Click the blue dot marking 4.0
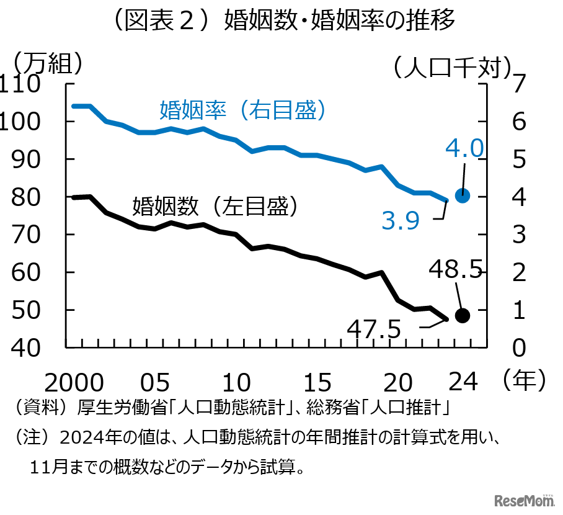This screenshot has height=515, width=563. (463, 195)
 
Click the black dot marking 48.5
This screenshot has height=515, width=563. (463, 315)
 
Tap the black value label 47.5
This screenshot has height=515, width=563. (373, 329)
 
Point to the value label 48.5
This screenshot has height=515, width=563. (454, 270)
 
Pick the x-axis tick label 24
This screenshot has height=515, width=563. (463, 380)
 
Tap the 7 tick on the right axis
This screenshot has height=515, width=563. (518, 84)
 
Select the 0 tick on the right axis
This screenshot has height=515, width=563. (518, 348)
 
